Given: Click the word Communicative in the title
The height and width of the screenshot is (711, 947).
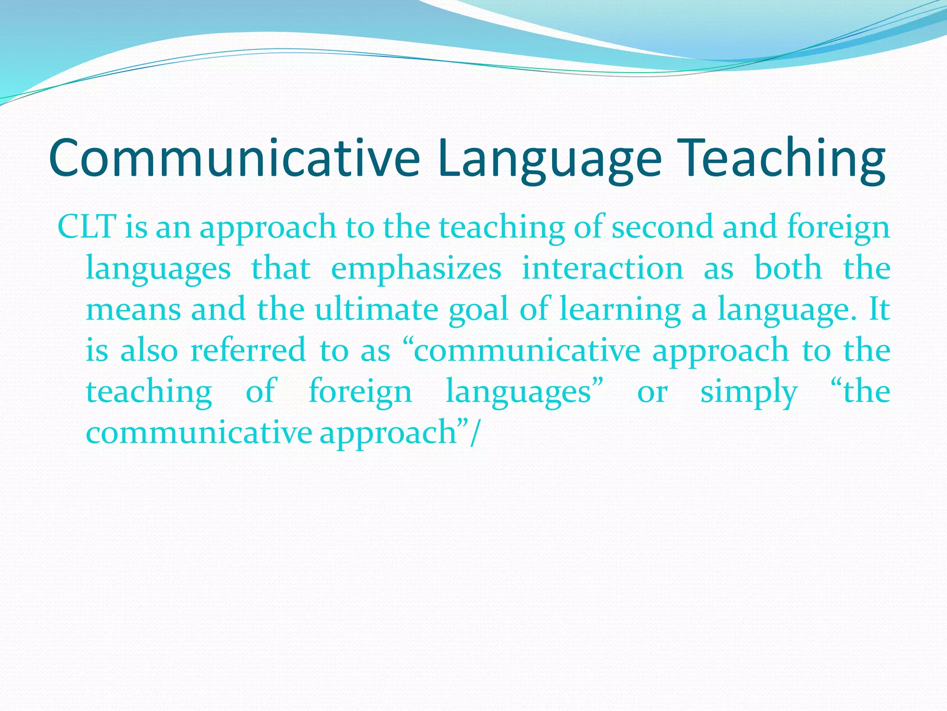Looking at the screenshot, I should pyautogui.click(x=234, y=158).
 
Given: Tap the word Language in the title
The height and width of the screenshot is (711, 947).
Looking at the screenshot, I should pyautogui.click(x=549, y=158).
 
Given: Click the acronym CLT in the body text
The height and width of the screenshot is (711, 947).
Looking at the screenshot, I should pyautogui.click(x=86, y=227).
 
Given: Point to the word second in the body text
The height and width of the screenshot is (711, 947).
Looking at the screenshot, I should pyautogui.click(x=662, y=227).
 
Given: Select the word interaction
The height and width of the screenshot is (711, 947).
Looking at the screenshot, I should pyautogui.click(x=603, y=268).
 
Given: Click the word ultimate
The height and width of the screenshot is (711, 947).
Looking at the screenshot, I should pyautogui.click(x=376, y=309).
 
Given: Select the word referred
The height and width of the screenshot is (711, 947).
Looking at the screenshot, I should pyautogui.click(x=248, y=350).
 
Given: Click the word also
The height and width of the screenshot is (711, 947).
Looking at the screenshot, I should pyautogui.click(x=149, y=350).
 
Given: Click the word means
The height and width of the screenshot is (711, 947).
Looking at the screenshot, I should pyautogui.click(x=134, y=309).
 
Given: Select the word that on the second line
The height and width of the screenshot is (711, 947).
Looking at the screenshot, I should pyautogui.click(x=281, y=268).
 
